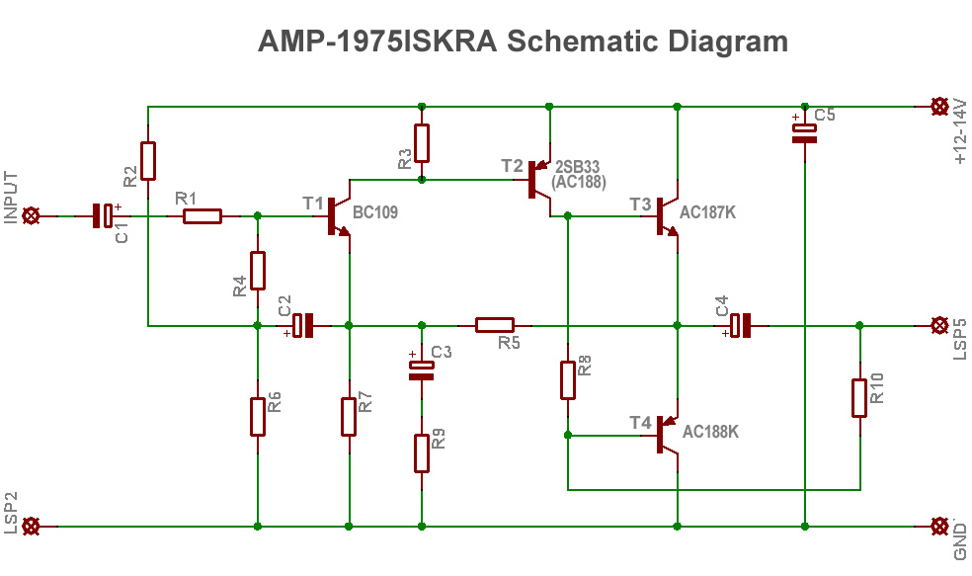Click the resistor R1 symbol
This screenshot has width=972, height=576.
coord(202,215)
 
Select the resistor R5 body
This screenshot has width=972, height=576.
coord(495,324)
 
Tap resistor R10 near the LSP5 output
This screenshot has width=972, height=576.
coord(859,397)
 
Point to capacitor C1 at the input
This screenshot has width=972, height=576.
coord(103,215)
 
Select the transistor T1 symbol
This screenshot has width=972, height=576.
coord(336,216)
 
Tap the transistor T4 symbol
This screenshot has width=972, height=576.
coord(666,434)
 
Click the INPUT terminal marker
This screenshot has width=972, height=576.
coord(32,215)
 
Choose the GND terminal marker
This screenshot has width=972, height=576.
coord(939,527)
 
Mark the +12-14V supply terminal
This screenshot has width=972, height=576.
coord(939,106)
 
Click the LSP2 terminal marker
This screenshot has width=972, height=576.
coord(32,527)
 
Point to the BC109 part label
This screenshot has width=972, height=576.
coord(375,211)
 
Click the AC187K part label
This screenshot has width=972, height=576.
coord(708,212)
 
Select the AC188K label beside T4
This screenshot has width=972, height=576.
coord(710,432)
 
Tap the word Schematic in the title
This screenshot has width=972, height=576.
coord(584,41)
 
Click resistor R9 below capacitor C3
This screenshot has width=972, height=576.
coord(422,453)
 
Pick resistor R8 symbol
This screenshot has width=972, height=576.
coord(568,379)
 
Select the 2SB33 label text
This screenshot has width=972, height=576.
coord(578,166)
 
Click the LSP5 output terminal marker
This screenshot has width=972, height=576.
coord(939,324)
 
